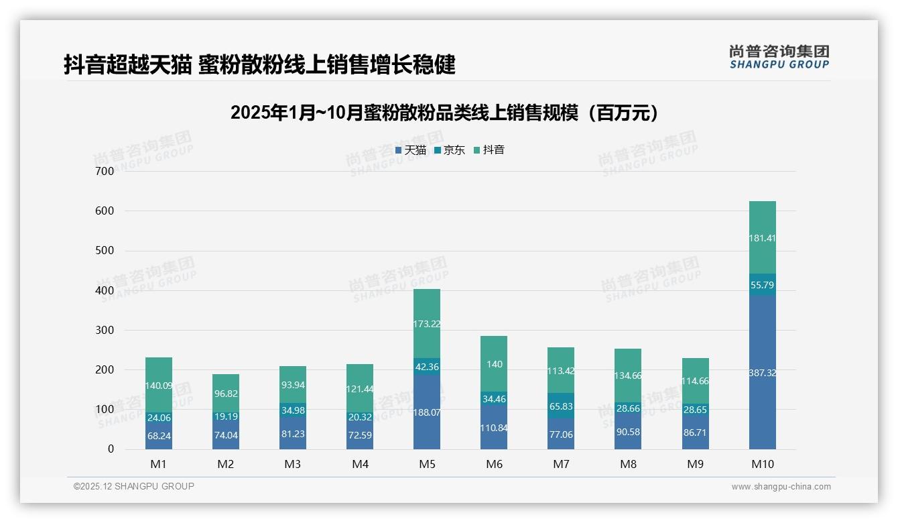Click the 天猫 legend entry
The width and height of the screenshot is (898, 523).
tap(411, 150)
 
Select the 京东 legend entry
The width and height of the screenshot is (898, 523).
tap(450, 150)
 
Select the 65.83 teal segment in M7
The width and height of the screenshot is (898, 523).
tap(561, 406)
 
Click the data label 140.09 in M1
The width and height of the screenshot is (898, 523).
tap(159, 386)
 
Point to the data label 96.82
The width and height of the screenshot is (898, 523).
tap(226, 394)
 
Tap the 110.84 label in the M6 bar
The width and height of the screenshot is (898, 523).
tap(494, 427)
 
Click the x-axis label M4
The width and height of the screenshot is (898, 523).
tap(360, 464)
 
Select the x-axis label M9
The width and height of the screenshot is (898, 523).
tap(695, 464)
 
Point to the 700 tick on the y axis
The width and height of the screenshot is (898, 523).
tap(105, 171)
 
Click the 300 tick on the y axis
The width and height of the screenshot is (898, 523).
tap(105, 330)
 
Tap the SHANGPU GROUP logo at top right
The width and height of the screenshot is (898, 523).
tap(779, 57)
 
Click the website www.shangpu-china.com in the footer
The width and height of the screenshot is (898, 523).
tap(781, 487)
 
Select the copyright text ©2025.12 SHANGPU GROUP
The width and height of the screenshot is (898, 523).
tap(134, 486)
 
